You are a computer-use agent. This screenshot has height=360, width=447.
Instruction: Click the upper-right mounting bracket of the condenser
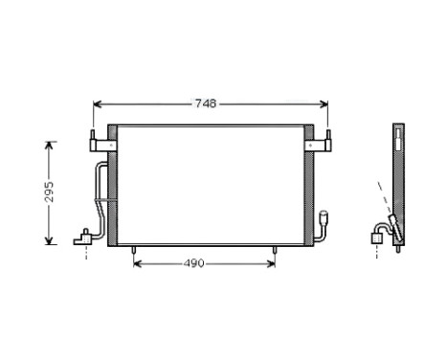pyautogui.click(x=323, y=144)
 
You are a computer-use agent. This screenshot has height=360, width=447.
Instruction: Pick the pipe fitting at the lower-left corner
pyautogui.click(x=87, y=234)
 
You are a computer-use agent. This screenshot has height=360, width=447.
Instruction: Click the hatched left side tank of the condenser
pyautogui.click(x=112, y=187)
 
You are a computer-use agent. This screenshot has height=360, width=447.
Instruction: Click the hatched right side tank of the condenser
pyautogui.click(x=307, y=187)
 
